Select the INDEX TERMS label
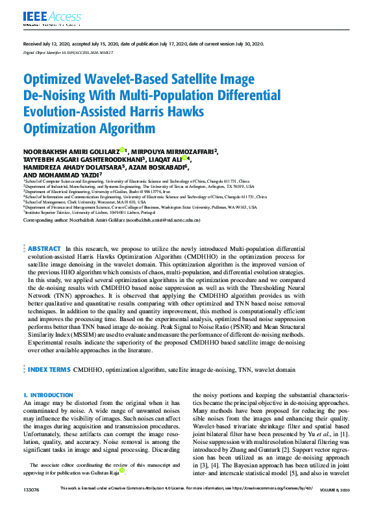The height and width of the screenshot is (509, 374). click(49, 369)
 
